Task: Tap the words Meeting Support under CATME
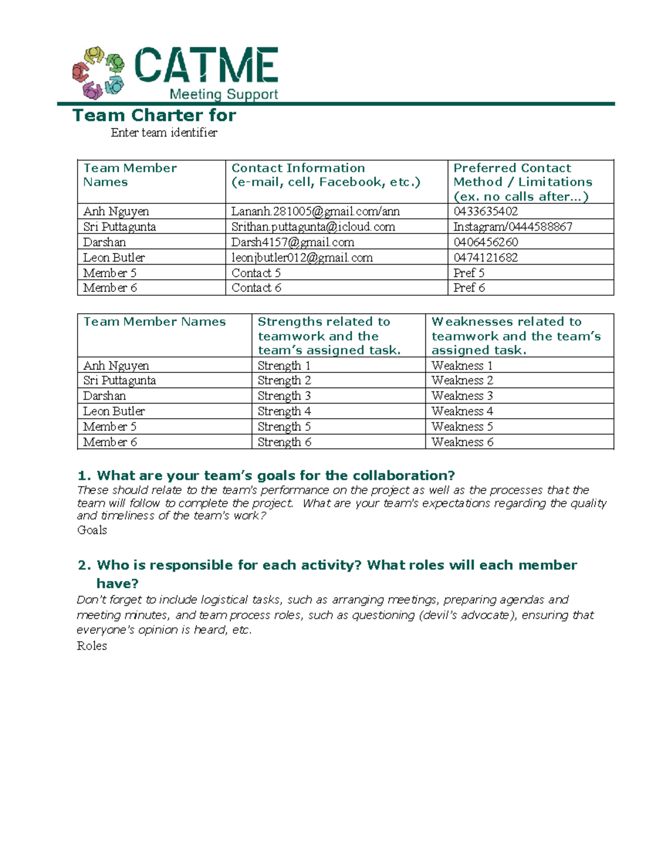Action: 224,94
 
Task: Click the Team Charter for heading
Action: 154,115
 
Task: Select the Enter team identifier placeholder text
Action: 164,133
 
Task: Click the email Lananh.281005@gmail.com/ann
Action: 315,212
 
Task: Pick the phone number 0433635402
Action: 485,212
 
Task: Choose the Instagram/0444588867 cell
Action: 513,227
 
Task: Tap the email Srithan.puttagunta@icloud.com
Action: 313,227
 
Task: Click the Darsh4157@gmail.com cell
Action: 292,242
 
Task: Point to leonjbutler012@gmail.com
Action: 302,257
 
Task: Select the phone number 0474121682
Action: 485,257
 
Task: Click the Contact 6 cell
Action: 256,288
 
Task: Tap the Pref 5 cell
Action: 468,273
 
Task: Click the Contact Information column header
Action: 326,175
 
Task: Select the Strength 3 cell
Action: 284,396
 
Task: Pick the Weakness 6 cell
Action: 462,442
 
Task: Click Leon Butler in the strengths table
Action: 114,411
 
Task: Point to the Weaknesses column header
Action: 516,336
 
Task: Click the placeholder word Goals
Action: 92,530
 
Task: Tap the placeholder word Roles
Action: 92,646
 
